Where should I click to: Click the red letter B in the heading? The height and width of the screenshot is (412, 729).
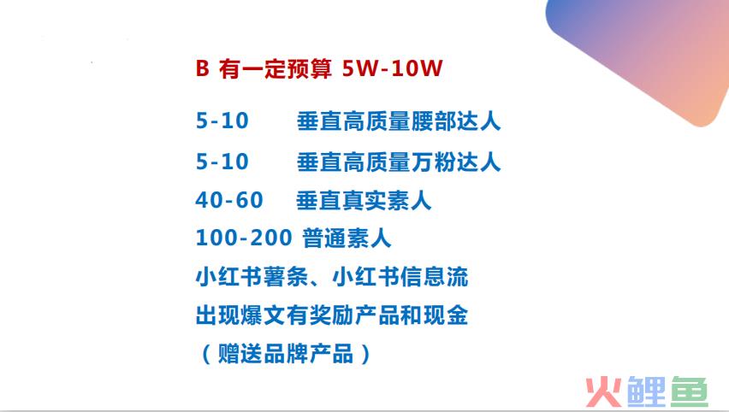[x=202, y=68]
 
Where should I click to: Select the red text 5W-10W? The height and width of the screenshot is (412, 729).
[x=392, y=68]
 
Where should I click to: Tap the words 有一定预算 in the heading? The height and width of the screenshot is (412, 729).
[x=276, y=68]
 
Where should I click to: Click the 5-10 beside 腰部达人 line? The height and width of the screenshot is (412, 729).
[x=222, y=121]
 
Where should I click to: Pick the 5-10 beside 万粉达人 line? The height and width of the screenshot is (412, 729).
[x=222, y=162]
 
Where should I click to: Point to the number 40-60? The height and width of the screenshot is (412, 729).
[x=229, y=200]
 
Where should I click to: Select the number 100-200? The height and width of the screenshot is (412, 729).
[x=244, y=238]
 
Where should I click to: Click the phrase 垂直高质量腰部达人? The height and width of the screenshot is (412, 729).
[x=399, y=121]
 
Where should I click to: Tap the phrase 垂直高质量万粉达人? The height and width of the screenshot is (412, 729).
[x=399, y=162]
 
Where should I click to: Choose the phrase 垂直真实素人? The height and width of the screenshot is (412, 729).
[x=364, y=201]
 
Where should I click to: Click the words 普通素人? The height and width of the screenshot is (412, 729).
[x=347, y=238]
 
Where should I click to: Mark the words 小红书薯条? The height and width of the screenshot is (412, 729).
[x=252, y=277]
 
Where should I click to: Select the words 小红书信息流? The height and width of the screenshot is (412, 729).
[x=400, y=277]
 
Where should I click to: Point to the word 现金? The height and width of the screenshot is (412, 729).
[x=446, y=316]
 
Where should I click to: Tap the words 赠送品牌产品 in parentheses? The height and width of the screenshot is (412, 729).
[x=286, y=354]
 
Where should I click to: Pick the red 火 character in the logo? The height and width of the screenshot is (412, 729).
[x=603, y=392]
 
